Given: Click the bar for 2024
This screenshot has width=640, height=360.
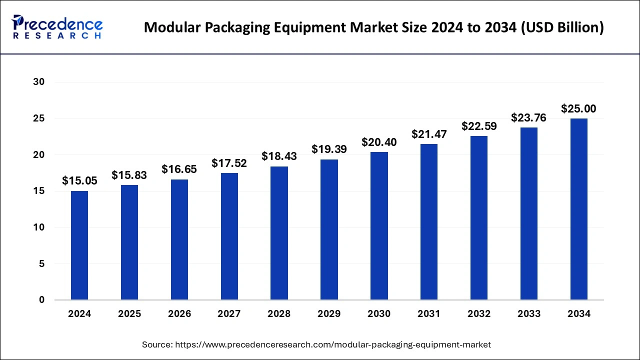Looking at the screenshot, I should (79, 245).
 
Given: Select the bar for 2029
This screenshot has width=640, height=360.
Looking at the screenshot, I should (329, 229).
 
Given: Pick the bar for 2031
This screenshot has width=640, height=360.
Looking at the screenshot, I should (429, 222).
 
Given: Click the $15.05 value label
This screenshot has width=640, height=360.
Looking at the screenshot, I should (79, 181).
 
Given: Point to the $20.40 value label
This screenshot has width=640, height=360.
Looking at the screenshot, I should (379, 142).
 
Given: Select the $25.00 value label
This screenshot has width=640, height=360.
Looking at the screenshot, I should (578, 109).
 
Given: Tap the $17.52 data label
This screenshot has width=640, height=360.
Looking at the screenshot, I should (229, 163).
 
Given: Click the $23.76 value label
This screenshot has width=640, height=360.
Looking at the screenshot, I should (528, 118).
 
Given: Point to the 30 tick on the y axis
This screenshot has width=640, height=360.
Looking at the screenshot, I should (39, 82).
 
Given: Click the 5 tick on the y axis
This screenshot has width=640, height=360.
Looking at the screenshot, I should (42, 264).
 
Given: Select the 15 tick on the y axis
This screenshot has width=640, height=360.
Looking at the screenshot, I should (39, 191).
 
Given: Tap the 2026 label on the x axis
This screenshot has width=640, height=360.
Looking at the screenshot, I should (179, 314).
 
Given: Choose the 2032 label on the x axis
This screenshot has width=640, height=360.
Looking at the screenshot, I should (479, 314).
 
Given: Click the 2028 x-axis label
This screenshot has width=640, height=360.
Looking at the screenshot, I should (279, 314).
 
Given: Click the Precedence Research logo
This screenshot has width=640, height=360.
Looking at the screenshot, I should (57, 27).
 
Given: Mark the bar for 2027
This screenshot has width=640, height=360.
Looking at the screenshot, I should (229, 236).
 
